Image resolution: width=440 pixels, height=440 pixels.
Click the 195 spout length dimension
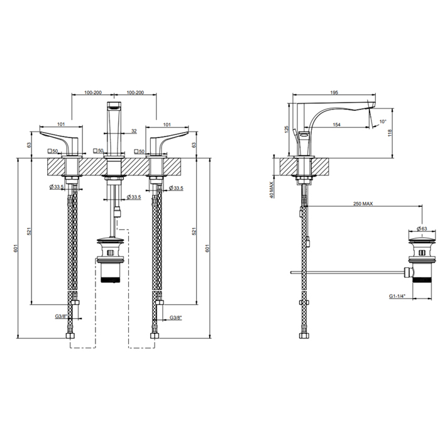coord(334,92)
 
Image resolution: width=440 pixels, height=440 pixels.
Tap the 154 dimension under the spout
coord(336,124)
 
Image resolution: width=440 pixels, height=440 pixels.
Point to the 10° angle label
coord(383,121)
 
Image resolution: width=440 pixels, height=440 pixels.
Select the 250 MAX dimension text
coord(363,204)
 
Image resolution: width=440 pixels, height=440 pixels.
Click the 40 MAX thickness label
coord(271,190)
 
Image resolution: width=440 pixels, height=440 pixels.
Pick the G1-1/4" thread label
coord(397,296)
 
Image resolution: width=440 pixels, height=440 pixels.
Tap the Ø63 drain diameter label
coord(422,229)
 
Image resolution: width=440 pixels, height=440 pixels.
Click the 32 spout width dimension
coord(134,131)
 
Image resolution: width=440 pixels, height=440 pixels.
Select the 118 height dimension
coord(390,133)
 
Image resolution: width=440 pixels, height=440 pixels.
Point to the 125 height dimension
coord(287,129)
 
